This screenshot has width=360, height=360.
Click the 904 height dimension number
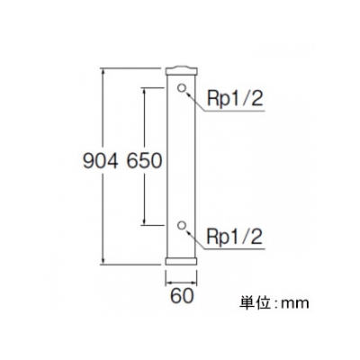pos(100,161)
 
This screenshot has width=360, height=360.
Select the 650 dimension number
pos(144,161)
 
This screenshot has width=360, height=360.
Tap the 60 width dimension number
pos(182,297)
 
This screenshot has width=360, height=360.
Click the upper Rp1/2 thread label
pos(235,99)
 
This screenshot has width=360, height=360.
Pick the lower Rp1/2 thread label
pos(235,237)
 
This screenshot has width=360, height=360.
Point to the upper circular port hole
pos(181,88)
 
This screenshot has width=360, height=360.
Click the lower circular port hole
pos(181,226)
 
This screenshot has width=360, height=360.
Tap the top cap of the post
pos(182,71)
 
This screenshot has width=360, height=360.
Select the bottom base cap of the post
pos(182,261)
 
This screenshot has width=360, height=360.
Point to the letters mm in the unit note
pos(294,304)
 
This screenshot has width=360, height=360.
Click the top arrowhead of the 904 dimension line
pos(103,72)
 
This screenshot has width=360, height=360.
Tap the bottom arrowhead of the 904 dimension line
pos(103,260)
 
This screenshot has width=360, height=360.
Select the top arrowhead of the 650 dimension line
pos(144,91)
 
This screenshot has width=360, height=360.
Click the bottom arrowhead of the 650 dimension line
pos(144,221)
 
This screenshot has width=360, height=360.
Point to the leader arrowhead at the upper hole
pos(188,94)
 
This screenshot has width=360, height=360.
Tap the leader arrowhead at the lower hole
pos(188,232)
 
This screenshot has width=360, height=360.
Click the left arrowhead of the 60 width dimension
pos(169,283)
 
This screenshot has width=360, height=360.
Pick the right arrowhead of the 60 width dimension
pos(193,283)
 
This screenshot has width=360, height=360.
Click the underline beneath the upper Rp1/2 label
pos(235,112)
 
